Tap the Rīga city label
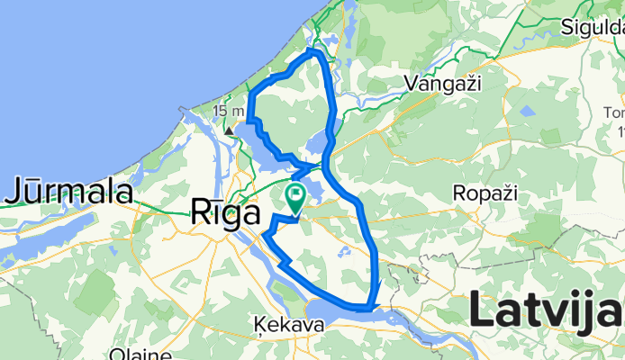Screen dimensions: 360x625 [x=224, y=212]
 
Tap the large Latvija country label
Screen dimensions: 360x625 [x=546, y=312]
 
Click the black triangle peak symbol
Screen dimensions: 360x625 [x=229, y=130]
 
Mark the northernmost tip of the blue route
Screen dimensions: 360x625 [x=313, y=52]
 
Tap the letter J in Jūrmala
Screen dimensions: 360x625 [x=15, y=191]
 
